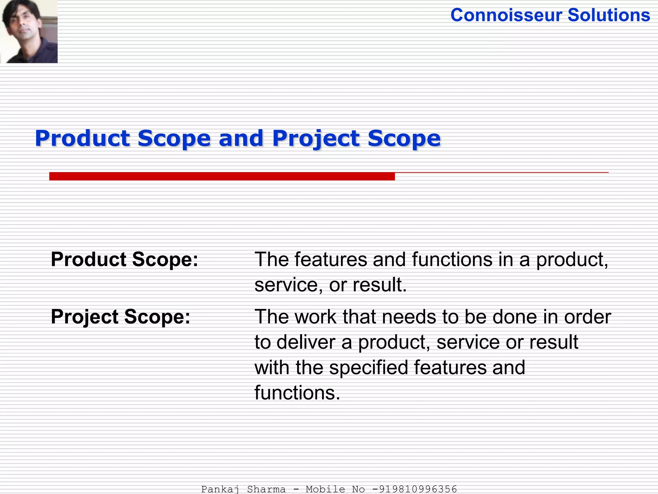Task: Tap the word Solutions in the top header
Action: (x=609, y=15)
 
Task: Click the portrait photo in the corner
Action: (x=29, y=31)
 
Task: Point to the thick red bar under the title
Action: (x=222, y=176)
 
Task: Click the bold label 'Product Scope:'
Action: (x=125, y=259)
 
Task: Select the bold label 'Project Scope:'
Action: (x=120, y=316)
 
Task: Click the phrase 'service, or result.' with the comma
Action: (x=331, y=285)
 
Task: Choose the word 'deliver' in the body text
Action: (x=306, y=342)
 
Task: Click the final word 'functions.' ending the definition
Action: (x=297, y=393)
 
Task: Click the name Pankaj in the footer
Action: (x=220, y=489)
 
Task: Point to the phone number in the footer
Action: (x=414, y=489)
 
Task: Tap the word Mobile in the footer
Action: (x=325, y=489)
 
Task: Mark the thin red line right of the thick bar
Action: (x=501, y=173)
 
